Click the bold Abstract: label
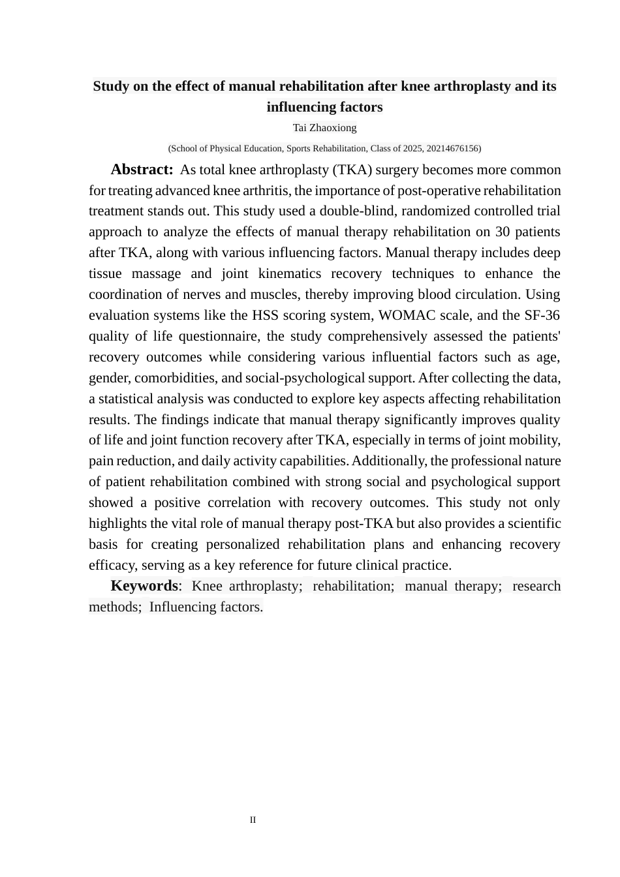(142, 170)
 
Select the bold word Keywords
(144, 585)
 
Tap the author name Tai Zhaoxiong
(324, 127)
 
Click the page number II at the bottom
(253, 820)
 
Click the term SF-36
(542, 315)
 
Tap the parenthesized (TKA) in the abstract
(352, 170)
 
